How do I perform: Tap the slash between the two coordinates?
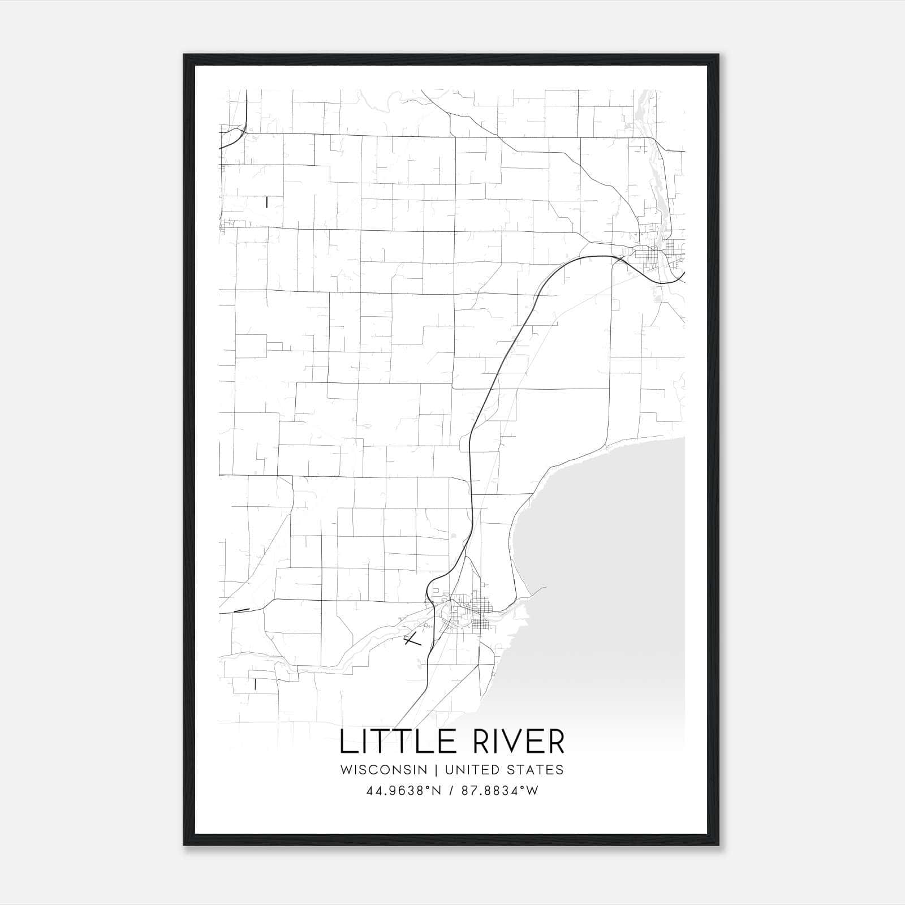tap(451, 791)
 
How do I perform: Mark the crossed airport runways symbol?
tap(413, 641)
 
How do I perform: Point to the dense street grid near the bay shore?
tap(481, 614)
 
